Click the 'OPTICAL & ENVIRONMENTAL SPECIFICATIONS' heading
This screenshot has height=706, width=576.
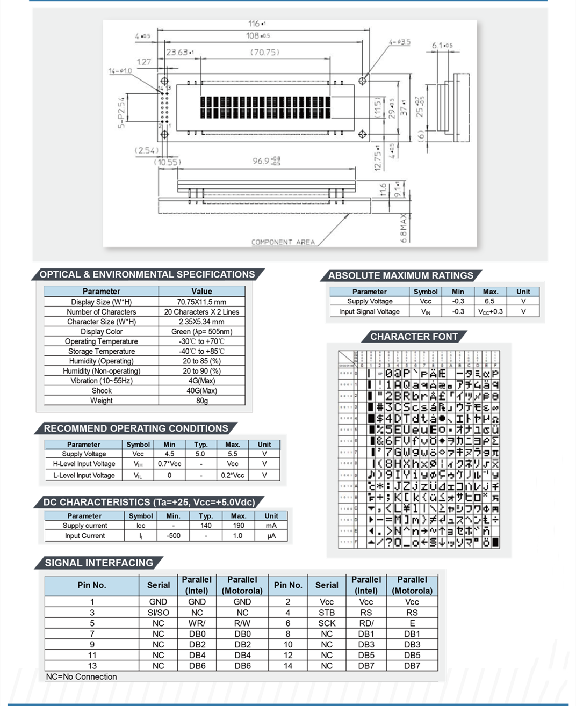click(x=147, y=274)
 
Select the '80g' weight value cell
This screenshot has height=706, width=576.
click(x=201, y=401)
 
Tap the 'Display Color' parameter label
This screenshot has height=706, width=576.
click(x=102, y=331)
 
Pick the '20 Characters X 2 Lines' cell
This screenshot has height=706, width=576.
click(x=201, y=311)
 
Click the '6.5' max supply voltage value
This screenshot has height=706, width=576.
click(x=489, y=301)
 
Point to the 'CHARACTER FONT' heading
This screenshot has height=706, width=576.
click(x=414, y=337)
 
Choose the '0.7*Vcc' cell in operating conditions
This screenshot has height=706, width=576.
click(x=169, y=464)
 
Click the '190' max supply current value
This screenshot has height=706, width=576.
click(x=238, y=526)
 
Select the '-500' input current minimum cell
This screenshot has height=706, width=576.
click(x=173, y=536)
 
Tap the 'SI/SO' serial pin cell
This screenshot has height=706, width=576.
click(x=158, y=613)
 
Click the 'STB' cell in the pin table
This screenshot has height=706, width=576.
click(x=326, y=613)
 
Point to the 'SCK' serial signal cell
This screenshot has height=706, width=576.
click(x=326, y=623)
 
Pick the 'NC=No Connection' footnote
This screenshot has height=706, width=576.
click(x=81, y=676)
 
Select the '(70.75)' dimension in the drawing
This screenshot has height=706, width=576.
click(x=264, y=52)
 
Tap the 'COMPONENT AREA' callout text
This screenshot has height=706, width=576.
click(x=283, y=242)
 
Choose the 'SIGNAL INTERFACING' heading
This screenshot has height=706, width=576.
click(x=99, y=563)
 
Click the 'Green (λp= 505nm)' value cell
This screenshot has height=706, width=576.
click(x=201, y=331)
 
